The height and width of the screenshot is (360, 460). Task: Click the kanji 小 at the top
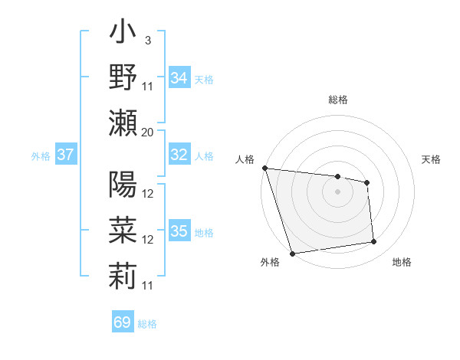pyautogui.click(x=123, y=36)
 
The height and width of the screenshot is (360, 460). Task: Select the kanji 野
pyautogui.click(x=123, y=77)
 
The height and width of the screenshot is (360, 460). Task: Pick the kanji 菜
pyautogui.click(x=123, y=231)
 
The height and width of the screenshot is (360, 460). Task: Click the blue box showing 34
pyautogui.click(x=179, y=78)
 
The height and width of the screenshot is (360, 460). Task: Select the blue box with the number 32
pyautogui.click(x=179, y=155)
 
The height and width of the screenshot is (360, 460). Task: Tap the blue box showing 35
pyautogui.click(x=179, y=231)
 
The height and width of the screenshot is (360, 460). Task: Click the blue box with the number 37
pyautogui.click(x=66, y=155)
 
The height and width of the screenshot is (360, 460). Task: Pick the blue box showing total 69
pyautogui.click(x=123, y=322)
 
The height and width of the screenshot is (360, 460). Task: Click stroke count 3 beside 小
pyautogui.click(x=147, y=40)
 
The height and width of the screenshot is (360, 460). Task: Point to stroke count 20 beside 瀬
pyautogui.click(x=148, y=132)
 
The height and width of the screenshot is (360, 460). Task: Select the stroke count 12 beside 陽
pyautogui.click(x=148, y=193)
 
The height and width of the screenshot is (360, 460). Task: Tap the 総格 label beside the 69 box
pyautogui.click(x=147, y=324)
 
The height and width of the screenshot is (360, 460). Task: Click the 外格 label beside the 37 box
pyautogui.click(x=41, y=156)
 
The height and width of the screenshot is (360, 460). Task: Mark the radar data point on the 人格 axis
pyautogui.click(x=264, y=168)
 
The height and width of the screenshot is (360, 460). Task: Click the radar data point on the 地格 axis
pyautogui.click(x=374, y=242)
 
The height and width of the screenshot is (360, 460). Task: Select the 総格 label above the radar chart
pyautogui.click(x=337, y=100)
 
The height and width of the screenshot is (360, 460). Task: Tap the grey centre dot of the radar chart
pyautogui.click(x=337, y=191)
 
